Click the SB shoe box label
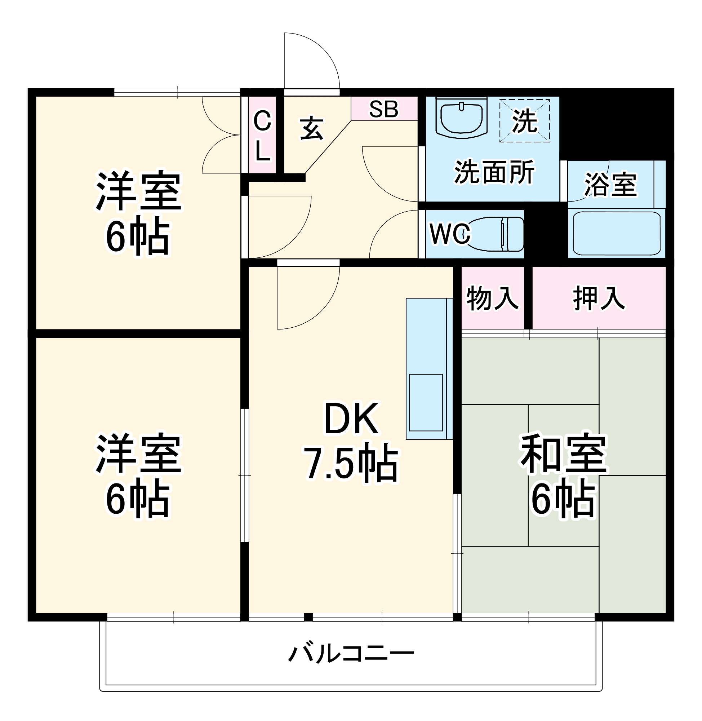point(384,109)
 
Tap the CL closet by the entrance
point(262,135)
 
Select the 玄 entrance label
point(312,129)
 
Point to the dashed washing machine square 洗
point(525,121)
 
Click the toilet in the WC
point(496,234)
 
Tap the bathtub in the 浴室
point(617,234)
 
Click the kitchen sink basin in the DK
point(426,402)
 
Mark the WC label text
point(450,234)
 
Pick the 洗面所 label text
point(494,172)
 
